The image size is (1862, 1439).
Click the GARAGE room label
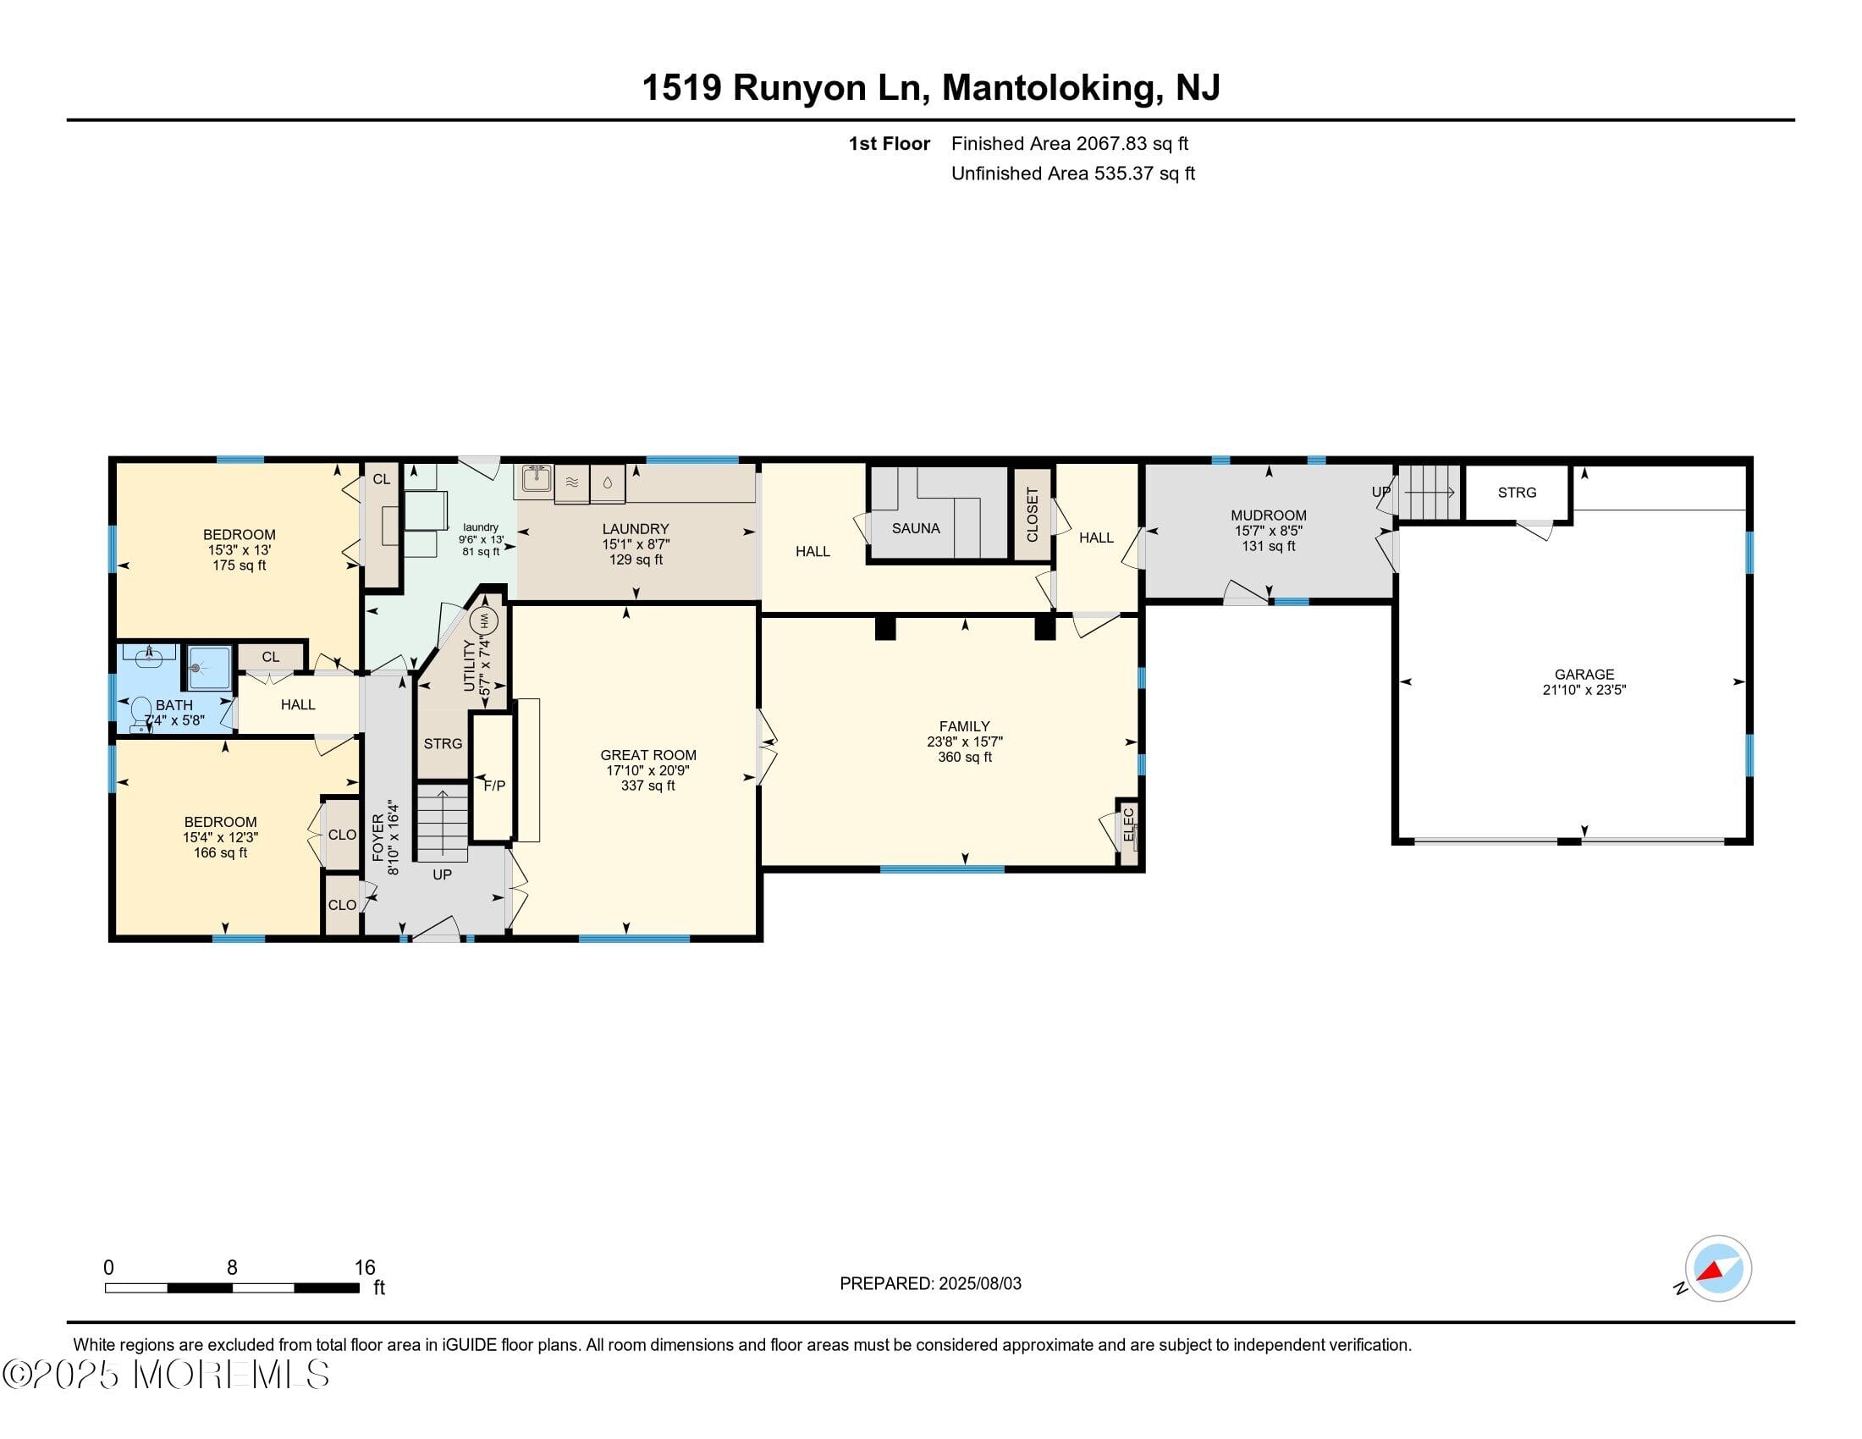tap(1584, 675)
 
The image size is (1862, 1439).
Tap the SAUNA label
tap(916, 528)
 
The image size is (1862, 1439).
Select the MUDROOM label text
tap(1268, 516)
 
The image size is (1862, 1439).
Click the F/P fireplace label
tap(494, 786)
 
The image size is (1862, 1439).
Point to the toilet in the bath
tap(140, 714)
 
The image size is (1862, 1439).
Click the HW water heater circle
tap(484, 620)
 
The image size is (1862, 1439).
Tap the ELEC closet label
tap(1129, 824)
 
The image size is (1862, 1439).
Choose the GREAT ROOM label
tap(648, 755)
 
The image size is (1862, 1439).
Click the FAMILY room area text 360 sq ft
tap(964, 757)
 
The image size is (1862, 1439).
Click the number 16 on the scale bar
tap(365, 1268)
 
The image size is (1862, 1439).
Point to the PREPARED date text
tap(930, 1284)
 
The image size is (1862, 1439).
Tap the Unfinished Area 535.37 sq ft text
tap(1072, 174)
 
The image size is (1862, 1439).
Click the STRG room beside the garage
tap(1517, 493)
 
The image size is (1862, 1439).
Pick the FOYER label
tap(378, 838)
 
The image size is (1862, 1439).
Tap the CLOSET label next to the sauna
tap(1033, 514)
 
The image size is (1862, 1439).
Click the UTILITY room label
tap(469, 664)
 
